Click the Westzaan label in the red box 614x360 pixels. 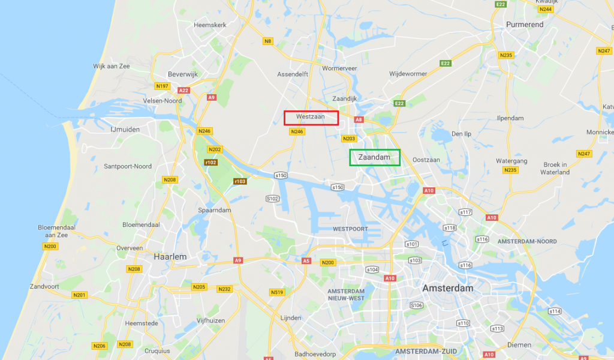point(310,117)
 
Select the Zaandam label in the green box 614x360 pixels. point(374,157)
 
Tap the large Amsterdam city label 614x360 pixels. point(447,288)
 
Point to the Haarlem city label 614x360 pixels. point(170,256)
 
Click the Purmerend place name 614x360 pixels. point(525,25)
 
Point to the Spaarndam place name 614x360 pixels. point(215,210)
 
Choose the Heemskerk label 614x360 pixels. point(209,25)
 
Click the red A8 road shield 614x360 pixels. point(359,120)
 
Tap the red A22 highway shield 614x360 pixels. point(183,91)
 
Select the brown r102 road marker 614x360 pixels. point(210,162)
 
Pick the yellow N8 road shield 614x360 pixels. point(267,41)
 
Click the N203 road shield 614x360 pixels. point(349,139)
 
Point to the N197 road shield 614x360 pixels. point(162,86)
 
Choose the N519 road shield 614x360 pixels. point(277,292)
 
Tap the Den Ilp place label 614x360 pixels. point(462,133)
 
